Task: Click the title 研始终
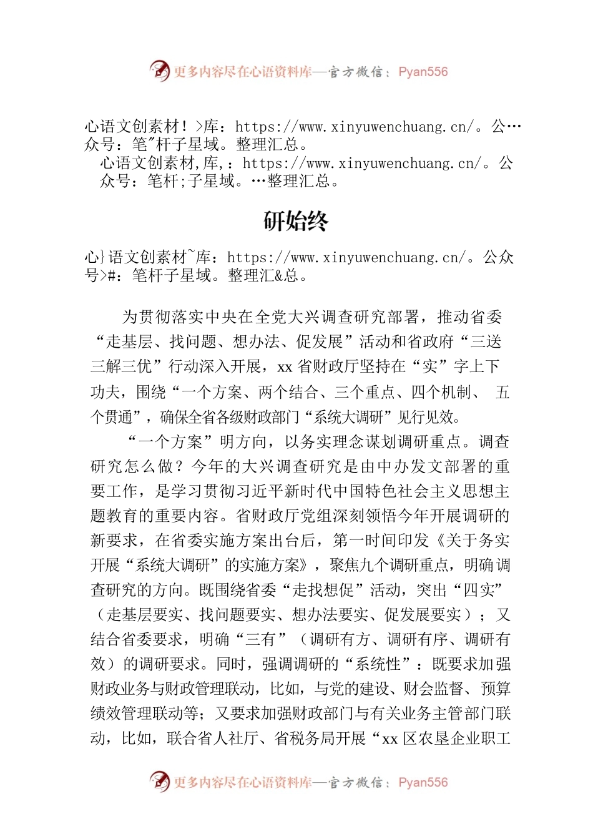296,221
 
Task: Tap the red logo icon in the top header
159,71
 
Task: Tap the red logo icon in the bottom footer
159,781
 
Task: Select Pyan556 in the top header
423,72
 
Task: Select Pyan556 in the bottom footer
423,782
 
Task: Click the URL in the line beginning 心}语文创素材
346,257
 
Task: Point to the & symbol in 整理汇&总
278,275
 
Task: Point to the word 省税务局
305,738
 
